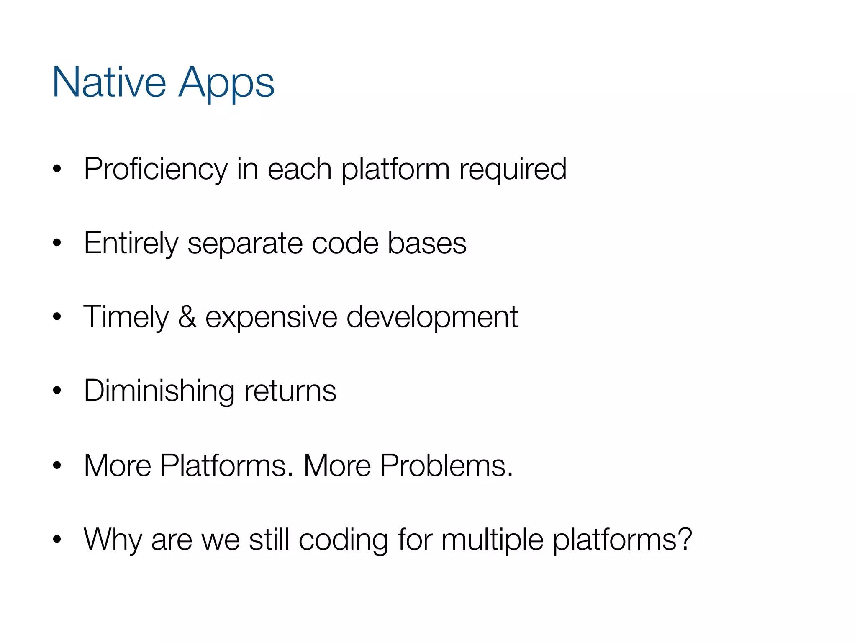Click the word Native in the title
point(109,82)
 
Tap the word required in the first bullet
point(513,169)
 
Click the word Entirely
point(131,243)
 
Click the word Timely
point(126,317)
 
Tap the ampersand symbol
point(187,317)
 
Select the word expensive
point(271,317)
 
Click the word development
point(432,317)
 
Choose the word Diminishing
point(159,391)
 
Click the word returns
point(290,391)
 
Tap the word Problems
point(446,465)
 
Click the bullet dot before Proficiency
point(57,169)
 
